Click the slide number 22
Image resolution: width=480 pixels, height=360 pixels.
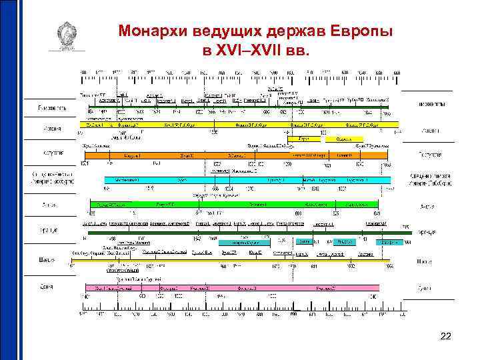(x=446, y=337)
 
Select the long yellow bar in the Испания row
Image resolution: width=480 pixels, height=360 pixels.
(x=240, y=125)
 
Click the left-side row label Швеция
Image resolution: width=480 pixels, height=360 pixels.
(x=49, y=259)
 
